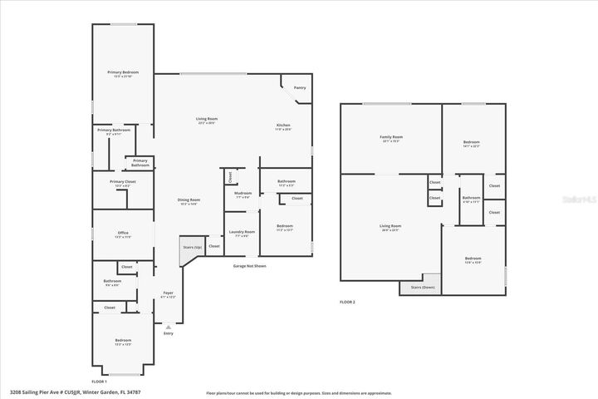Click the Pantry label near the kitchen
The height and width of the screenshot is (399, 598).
tap(300, 87)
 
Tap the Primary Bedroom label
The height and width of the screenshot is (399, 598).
tap(123, 73)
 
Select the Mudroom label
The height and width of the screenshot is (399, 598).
tap(243, 193)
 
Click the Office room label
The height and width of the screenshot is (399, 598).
tap(123, 233)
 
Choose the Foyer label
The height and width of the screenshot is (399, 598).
tap(168, 293)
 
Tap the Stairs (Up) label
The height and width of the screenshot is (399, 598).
tap(192, 248)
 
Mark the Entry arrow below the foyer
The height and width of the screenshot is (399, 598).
tap(169, 327)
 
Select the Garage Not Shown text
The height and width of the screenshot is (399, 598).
tap(249, 266)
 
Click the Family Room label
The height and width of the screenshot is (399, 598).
tap(391, 137)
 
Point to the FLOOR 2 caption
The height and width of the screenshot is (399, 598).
tap(347, 302)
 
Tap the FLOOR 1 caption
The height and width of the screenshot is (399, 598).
tap(99, 380)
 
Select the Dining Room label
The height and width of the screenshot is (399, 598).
tap(189, 199)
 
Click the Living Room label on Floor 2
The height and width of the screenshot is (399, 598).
tap(390, 226)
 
